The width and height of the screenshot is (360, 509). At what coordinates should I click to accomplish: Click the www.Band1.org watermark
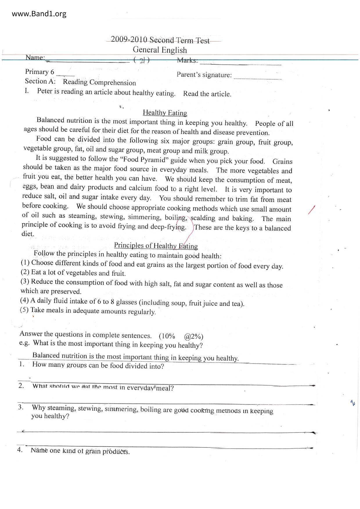click(39, 14)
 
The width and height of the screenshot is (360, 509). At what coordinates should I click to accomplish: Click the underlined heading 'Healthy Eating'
click(165, 113)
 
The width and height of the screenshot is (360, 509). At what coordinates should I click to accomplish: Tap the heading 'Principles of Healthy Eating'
click(156, 246)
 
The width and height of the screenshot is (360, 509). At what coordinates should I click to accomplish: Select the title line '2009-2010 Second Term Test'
click(160, 40)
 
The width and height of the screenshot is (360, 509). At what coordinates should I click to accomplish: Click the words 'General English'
click(160, 50)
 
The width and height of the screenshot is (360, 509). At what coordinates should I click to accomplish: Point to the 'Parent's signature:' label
click(204, 75)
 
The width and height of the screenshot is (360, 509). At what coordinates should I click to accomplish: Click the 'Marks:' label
click(187, 60)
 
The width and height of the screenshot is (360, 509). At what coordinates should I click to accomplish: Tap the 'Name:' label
click(35, 57)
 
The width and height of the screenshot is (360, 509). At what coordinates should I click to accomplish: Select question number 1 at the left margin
click(21, 364)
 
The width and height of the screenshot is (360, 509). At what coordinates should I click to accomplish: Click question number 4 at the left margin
click(20, 450)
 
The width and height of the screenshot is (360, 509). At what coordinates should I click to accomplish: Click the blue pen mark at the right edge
click(353, 402)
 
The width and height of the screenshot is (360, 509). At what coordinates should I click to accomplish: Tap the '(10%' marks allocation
click(167, 336)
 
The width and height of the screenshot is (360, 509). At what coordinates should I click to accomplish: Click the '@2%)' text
click(193, 336)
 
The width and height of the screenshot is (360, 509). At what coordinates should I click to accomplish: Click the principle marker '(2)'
click(25, 272)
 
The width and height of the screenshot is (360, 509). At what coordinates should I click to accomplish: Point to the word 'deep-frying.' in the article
click(168, 227)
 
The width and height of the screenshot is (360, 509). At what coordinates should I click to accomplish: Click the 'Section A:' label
click(40, 81)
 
